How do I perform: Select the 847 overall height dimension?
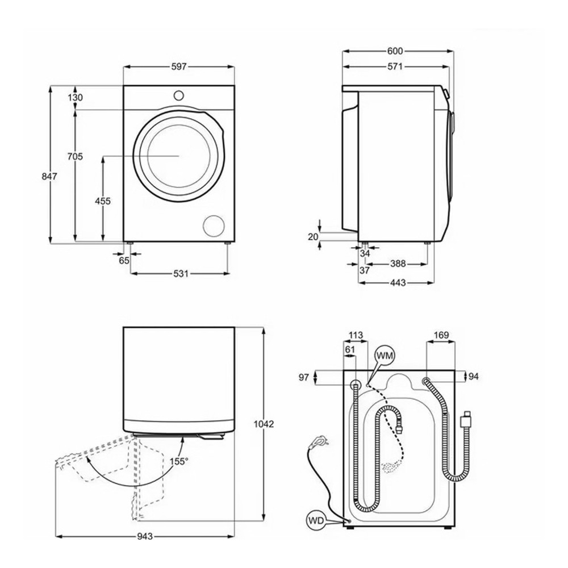pyautogui.click(x=50, y=177)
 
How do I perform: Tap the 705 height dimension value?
pyautogui.click(x=75, y=156)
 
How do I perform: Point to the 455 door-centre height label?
pyautogui.click(x=103, y=201)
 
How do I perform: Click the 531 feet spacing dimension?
pyautogui.click(x=180, y=274)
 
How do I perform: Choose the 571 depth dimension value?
pyautogui.click(x=395, y=67)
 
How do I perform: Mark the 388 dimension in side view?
pyautogui.click(x=398, y=264)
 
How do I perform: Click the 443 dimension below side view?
pyautogui.click(x=398, y=283)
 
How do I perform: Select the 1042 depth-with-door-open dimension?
pyautogui.click(x=264, y=424)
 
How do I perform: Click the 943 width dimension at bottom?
pyautogui.click(x=145, y=537)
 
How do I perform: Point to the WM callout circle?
pyautogui.click(x=385, y=355)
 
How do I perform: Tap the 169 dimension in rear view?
pyautogui.click(x=441, y=335)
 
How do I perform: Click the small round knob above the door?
pyautogui.click(x=179, y=95)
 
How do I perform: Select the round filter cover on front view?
pyautogui.click(x=214, y=225)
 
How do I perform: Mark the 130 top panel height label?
pyautogui.click(x=75, y=97)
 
